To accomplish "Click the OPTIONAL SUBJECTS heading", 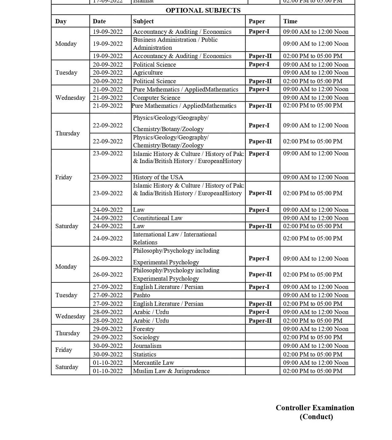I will [x=203, y=10].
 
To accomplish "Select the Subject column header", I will [x=143, y=21].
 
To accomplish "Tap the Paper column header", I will [x=257, y=21].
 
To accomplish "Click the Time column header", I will [x=290, y=21].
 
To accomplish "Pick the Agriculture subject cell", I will [x=148, y=72].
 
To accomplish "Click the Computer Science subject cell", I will [x=156, y=98].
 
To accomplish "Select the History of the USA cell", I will [x=158, y=177].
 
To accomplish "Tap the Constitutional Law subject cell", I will [x=158, y=218].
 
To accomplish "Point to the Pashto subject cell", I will [x=141, y=295].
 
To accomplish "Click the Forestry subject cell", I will [x=144, y=329].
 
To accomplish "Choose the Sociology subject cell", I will [x=146, y=337].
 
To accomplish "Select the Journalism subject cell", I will [x=147, y=346].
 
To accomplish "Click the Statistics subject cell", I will [x=145, y=354].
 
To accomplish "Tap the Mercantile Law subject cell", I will [x=153, y=363].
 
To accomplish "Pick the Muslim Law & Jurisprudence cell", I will [x=171, y=371].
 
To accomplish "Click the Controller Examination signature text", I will [x=315, y=408].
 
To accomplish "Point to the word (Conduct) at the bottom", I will [x=316, y=417].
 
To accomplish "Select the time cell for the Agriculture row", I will [x=316, y=72].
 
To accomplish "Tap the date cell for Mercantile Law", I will [x=108, y=363].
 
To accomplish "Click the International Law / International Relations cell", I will [x=175, y=238].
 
